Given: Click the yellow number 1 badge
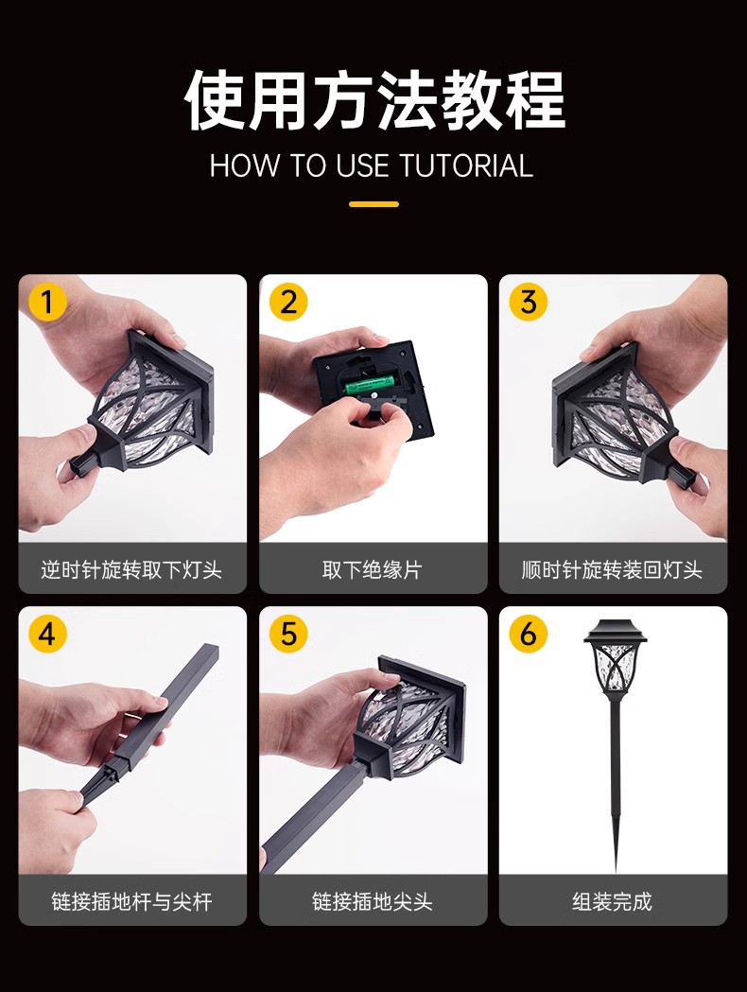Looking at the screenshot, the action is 47,302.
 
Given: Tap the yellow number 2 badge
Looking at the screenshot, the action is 288,302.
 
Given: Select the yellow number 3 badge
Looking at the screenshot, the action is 529,302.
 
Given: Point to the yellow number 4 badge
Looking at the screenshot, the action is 47,634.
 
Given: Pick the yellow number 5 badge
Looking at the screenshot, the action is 288,634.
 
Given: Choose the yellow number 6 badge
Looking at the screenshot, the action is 529,634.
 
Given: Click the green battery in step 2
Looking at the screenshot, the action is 369,383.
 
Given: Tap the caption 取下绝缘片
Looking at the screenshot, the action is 372,570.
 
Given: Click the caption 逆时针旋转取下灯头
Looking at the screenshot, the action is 131,570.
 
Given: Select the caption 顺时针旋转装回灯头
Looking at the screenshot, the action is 613,570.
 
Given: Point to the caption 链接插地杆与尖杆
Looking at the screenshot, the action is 131,901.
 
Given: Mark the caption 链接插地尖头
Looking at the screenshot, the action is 372,901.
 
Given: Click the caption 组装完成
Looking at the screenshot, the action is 613,901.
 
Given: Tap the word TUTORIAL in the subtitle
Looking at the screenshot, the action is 466,165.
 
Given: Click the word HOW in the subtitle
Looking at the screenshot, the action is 246,165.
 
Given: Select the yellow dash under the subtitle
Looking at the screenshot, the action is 373,204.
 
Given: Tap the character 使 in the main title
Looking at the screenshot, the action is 214,101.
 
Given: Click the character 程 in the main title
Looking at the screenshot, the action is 534,101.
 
